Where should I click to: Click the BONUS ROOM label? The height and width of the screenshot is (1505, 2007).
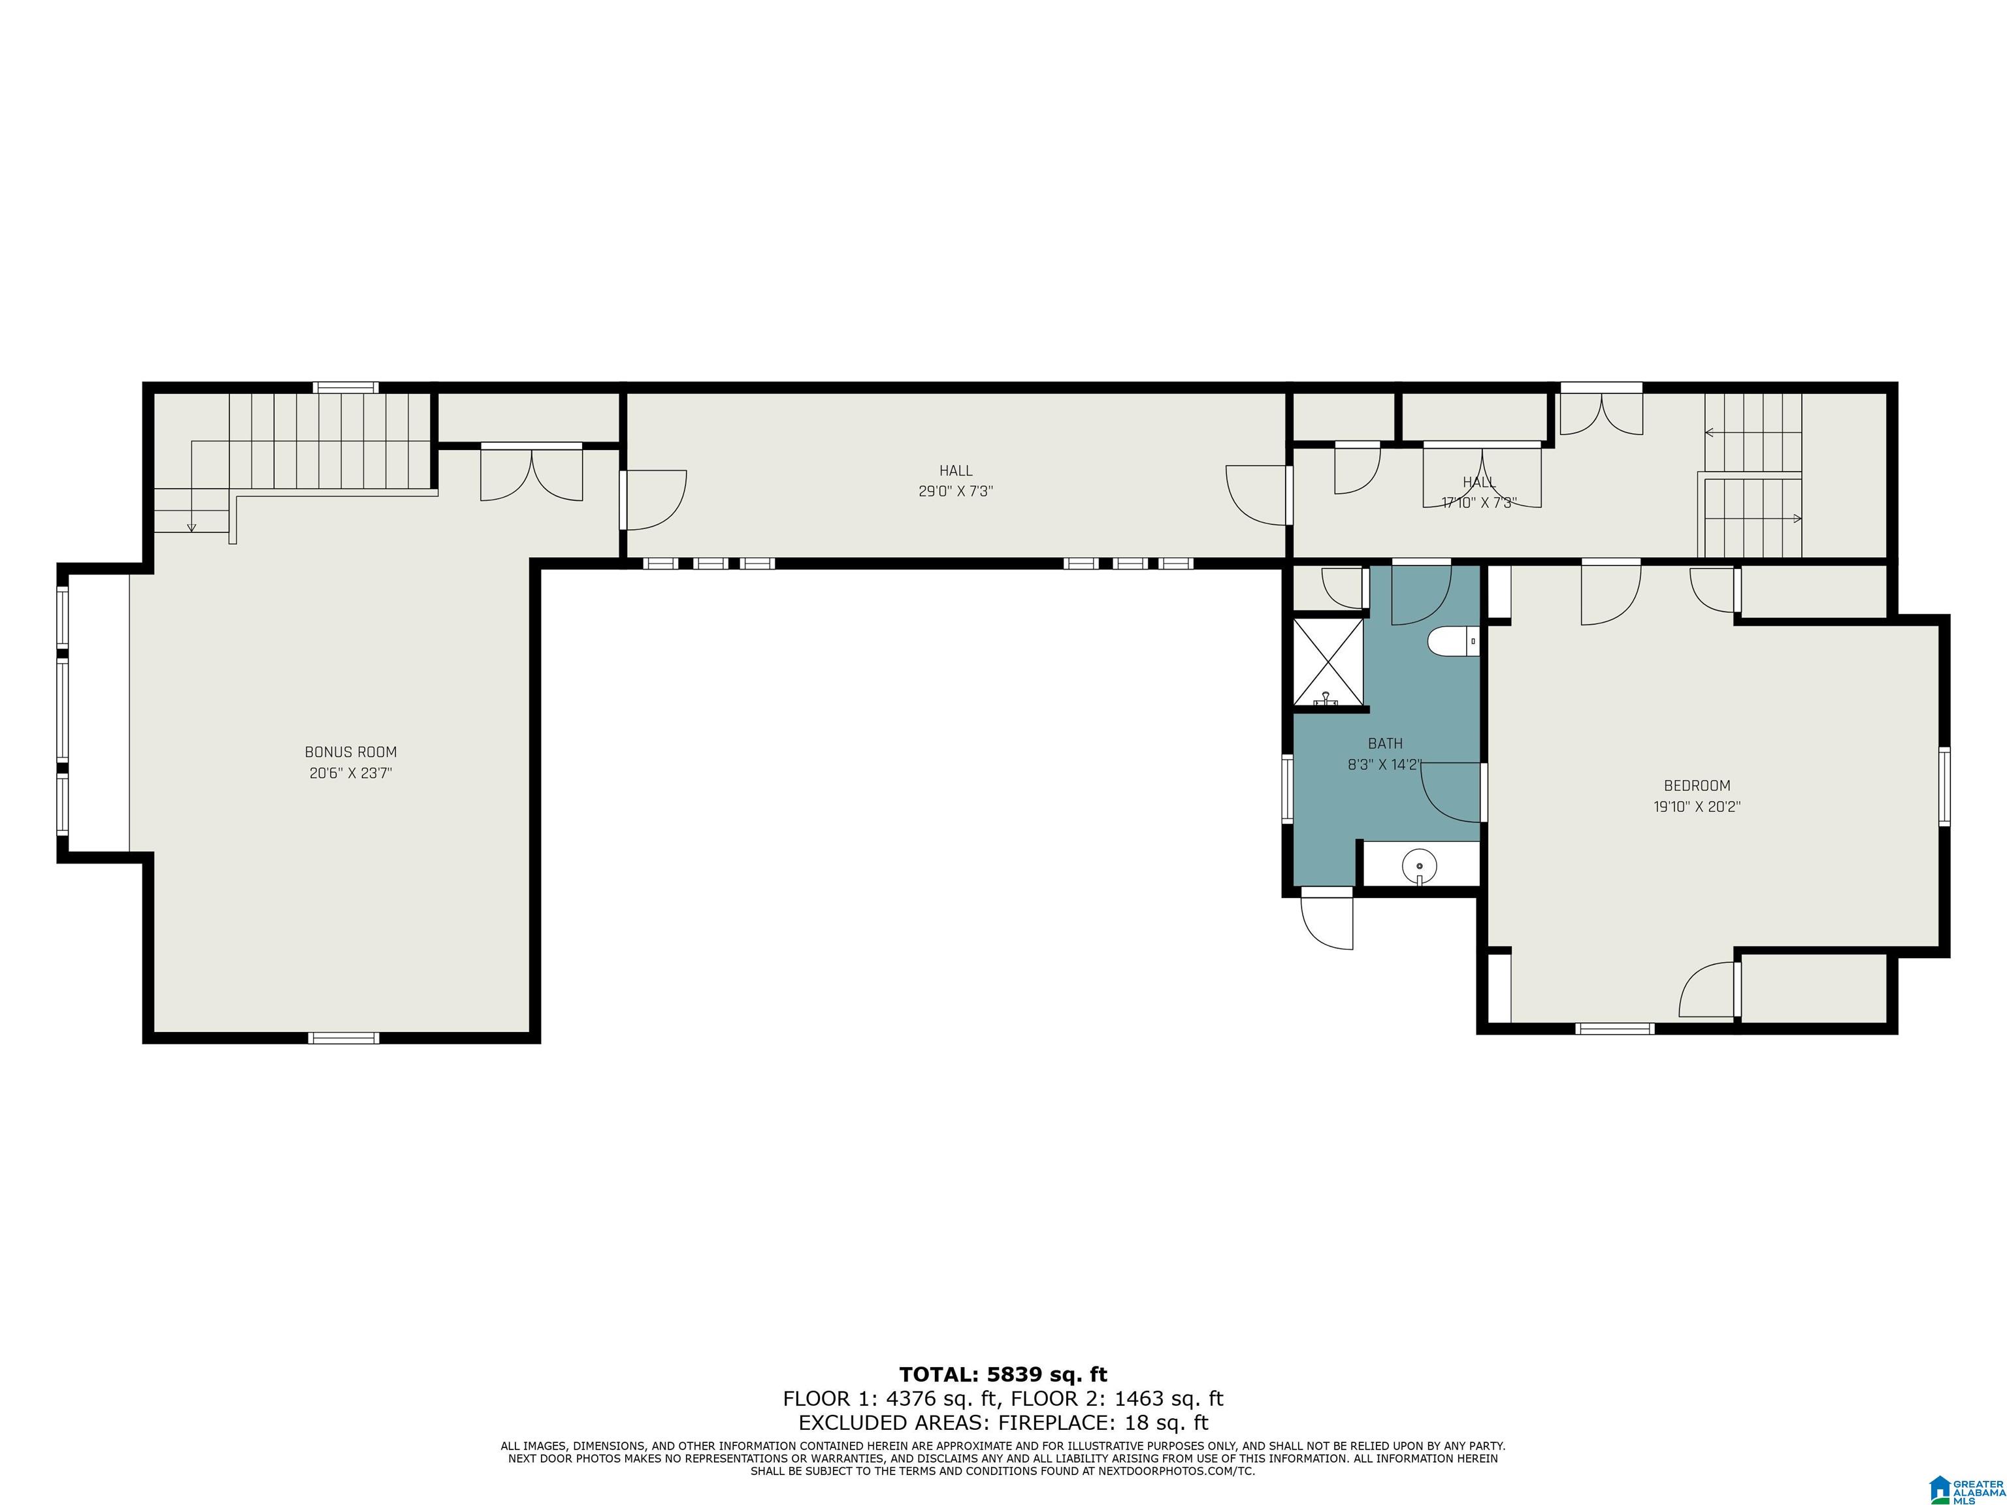pyautogui.click(x=350, y=752)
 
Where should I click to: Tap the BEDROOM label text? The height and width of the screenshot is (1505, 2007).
pyautogui.click(x=1697, y=786)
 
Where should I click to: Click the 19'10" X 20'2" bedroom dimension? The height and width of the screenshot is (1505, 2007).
pyautogui.click(x=1697, y=807)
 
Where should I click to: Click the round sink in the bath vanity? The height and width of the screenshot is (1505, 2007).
pyautogui.click(x=1419, y=866)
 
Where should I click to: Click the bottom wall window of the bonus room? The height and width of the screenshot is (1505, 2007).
pyautogui.click(x=344, y=1038)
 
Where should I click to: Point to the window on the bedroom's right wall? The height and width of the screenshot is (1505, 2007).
pyautogui.click(x=1944, y=786)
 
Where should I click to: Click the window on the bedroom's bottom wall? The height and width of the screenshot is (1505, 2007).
pyautogui.click(x=1615, y=1028)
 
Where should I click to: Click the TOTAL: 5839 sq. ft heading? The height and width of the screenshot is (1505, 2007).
pyautogui.click(x=1003, y=1374)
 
